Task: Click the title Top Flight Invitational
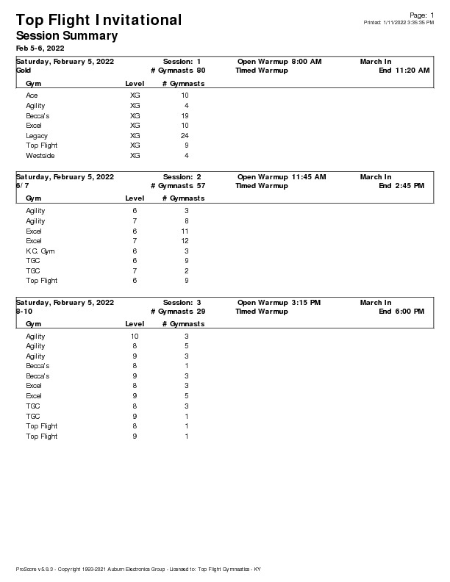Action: [x=99, y=20]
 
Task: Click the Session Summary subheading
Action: [x=66, y=35]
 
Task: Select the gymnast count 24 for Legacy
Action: [x=185, y=136]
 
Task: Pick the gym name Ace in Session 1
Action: [x=32, y=96]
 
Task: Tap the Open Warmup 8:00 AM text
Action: [x=279, y=62]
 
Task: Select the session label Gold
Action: [x=23, y=71]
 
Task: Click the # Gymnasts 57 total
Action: [x=178, y=186]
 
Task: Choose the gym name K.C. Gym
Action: [x=40, y=251]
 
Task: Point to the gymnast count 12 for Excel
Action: [x=185, y=241]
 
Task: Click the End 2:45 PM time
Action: [x=401, y=186]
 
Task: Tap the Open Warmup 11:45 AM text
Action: [x=282, y=177]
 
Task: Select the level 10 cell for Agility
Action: [x=135, y=337]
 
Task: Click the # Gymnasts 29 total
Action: [x=178, y=312]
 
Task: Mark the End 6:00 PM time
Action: [x=401, y=312]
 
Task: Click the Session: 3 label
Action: [x=182, y=303]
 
